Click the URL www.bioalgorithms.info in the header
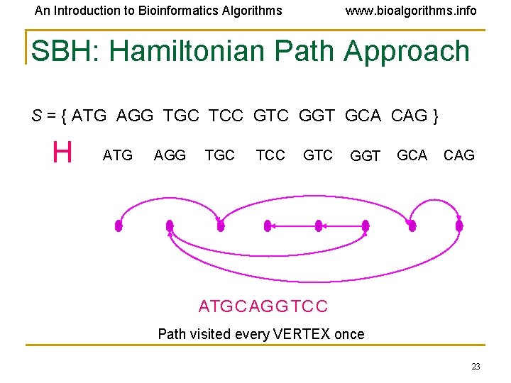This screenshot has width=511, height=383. tap(410, 11)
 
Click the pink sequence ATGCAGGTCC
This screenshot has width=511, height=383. tap(263, 306)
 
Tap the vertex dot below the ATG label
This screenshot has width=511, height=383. tap(119, 226)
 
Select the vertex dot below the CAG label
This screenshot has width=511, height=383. tap(459, 226)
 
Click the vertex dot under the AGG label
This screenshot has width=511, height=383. tap(170, 226)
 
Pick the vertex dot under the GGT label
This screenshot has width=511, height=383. tap(366, 226)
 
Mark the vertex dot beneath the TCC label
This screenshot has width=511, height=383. tap(268, 226)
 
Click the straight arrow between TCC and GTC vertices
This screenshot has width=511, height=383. tap(292, 226)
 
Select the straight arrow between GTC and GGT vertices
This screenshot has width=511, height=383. tap(341, 226)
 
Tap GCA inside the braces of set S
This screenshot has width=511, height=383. tap(363, 116)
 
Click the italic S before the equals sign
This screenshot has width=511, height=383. tap(36, 116)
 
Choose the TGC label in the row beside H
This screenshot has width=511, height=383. tap(219, 155)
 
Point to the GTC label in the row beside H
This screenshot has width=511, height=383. tap(317, 155)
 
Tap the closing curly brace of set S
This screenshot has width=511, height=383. tap(434, 116)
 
